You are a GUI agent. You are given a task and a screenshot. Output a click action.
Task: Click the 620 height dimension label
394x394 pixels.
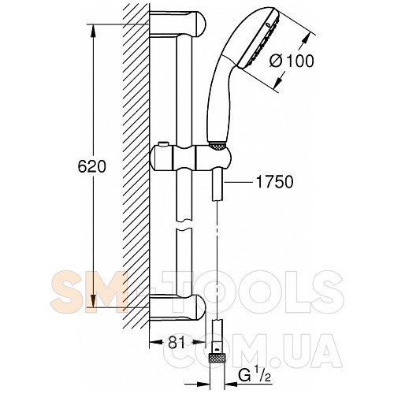pyautogui.click(x=92, y=166)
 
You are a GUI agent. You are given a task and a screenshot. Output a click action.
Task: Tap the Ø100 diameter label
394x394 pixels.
pyautogui.click(x=292, y=61)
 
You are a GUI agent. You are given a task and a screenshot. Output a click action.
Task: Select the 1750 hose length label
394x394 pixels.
pyautogui.click(x=274, y=182)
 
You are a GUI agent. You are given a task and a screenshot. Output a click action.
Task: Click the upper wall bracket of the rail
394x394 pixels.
pyautogui.click(x=178, y=24)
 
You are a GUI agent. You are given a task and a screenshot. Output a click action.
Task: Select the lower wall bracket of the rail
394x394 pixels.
pyautogui.click(x=178, y=307)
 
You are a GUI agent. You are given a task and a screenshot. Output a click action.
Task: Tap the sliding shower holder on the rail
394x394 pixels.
pyautogui.click(x=191, y=158)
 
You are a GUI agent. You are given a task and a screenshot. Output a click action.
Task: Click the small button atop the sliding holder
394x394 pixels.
pyautogui.click(x=163, y=144)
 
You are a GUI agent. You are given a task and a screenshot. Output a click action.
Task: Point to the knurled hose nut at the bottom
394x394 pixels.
pyautogui.click(x=217, y=358)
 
